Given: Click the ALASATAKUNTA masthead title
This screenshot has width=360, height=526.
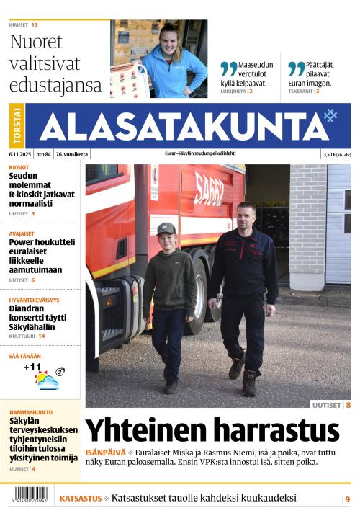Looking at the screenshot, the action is tap(184, 127).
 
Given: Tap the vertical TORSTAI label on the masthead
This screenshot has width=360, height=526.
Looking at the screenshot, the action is tap(17, 127).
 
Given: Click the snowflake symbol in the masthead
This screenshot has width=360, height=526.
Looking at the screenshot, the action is tap(330, 115).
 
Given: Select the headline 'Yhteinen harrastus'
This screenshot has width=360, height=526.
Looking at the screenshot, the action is tap(212, 430).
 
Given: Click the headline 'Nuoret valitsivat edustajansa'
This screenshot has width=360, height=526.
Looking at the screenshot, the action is tap(55, 63).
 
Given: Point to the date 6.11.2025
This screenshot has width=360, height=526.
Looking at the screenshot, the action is tap(20, 154).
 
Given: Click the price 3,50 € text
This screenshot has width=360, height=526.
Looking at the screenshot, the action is tap(331, 154).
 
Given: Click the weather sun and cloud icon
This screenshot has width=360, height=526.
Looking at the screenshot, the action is tap(47, 380).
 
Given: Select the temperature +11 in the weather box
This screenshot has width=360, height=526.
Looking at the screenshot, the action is tap(32, 367).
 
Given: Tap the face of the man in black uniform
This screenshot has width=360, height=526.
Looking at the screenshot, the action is tap(246, 215).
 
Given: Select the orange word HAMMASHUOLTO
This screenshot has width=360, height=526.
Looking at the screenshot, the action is tap(31, 412).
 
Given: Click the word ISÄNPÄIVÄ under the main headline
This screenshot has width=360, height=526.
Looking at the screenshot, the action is tap(105, 452).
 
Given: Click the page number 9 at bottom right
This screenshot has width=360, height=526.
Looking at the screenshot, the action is tap(347, 499).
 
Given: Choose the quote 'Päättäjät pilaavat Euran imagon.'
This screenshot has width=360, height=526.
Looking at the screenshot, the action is tap(315, 73).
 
